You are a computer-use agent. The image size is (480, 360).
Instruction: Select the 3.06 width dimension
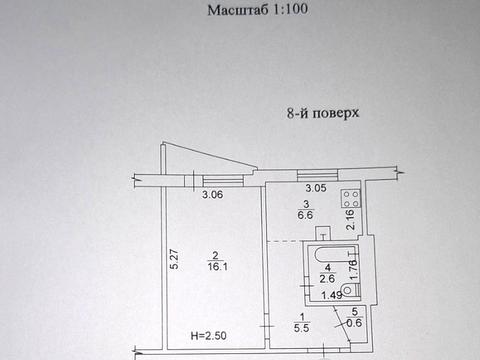point(212,196)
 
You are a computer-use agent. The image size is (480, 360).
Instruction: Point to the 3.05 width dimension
point(315,189)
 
